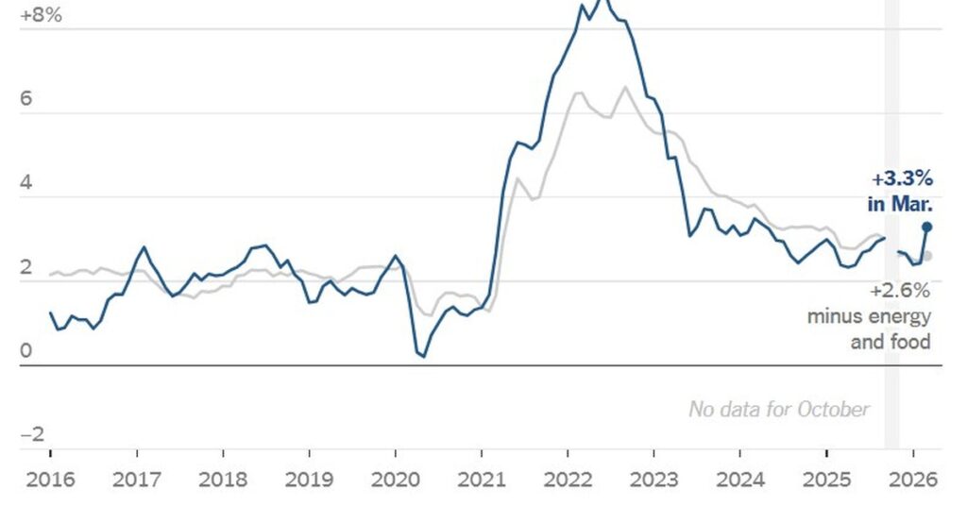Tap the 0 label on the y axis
pos(25,351)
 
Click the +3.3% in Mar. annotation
pos(899,190)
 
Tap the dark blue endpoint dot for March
pos(926,227)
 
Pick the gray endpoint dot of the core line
pos(927,256)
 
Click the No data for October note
pos(778,409)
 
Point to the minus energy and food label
pos(869,329)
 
